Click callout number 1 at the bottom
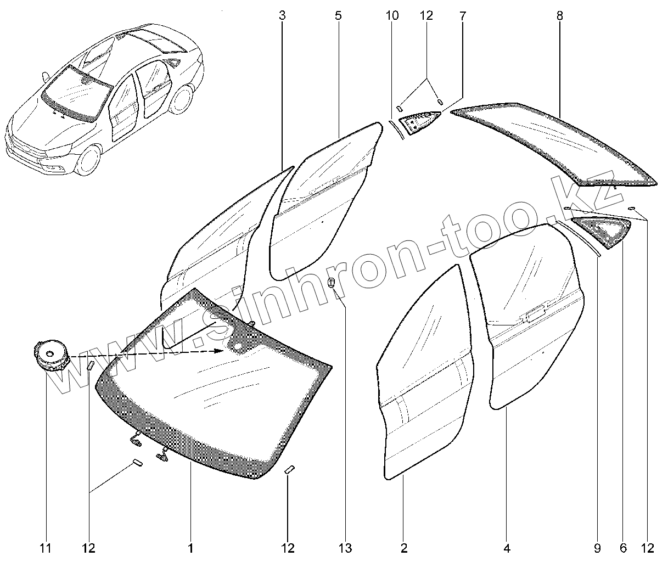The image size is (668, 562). [x=190, y=548]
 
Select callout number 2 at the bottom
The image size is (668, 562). [x=404, y=548]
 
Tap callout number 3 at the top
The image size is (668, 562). [x=282, y=16]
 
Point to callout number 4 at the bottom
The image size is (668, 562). [x=507, y=548]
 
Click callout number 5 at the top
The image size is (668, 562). [x=338, y=16]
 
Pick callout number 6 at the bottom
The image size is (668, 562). [x=624, y=548]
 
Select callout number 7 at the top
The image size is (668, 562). [x=462, y=16]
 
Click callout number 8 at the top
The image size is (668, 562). [x=559, y=16]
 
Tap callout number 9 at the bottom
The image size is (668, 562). [x=598, y=548]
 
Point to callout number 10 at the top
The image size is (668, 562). [x=392, y=16]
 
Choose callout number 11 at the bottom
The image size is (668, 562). [x=46, y=548]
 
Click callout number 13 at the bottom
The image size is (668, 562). [x=344, y=548]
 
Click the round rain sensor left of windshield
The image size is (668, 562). [x=51, y=355]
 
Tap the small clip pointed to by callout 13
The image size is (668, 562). [x=331, y=283]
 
